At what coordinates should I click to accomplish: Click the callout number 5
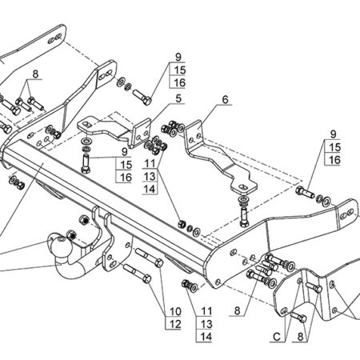pyautogui.click(x=178, y=98)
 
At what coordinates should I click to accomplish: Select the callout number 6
pyautogui.click(x=226, y=99)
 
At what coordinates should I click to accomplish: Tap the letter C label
pyautogui.click(x=277, y=337)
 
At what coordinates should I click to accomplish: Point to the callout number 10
pyautogui.click(x=175, y=311)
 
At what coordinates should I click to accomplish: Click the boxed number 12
pyautogui.click(x=175, y=324)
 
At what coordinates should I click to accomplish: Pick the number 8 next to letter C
pyautogui.click(x=300, y=337)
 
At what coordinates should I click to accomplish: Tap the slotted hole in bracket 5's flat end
pyautogui.click(x=86, y=124)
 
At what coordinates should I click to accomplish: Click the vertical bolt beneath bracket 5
pyautogui.click(x=86, y=163)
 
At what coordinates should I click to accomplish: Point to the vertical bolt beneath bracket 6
pyautogui.click(x=244, y=217)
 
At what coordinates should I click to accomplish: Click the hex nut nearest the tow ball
pyautogui.click(x=71, y=235)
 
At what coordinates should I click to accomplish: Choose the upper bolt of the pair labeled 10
pyautogui.click(x=150, y=257)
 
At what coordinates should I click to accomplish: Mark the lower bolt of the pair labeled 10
pyautogui.click(x=138, y=273)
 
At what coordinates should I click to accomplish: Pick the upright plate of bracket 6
pyautogui.click(x=195, y=136)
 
